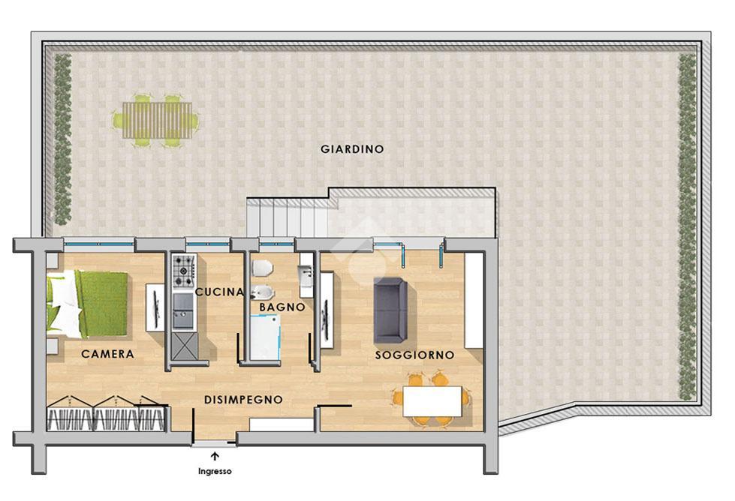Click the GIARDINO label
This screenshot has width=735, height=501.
352,149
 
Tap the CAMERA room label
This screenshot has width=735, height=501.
108,354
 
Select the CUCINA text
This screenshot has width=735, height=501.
220,292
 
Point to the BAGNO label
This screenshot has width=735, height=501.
282,307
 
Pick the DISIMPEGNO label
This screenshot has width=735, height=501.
243,400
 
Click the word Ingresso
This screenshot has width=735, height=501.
215,472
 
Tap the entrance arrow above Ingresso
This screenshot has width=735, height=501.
215,456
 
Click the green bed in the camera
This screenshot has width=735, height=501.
88,304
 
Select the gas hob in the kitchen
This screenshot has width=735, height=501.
183,271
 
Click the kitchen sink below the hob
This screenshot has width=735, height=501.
183,311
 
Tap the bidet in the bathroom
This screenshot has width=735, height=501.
263,292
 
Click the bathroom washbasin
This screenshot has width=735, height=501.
306,276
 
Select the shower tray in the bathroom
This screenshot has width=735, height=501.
265,337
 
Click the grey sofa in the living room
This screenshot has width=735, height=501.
390,310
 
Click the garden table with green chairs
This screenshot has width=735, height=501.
156,121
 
